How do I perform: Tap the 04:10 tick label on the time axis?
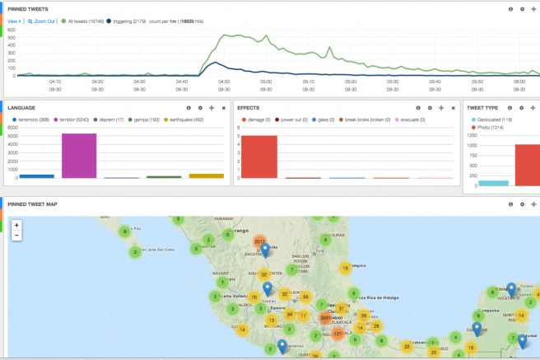tap(54, 81)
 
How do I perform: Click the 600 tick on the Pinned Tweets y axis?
tap(11, 28)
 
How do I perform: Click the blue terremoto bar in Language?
tap(36, 175)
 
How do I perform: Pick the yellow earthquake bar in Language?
tap(206, 175)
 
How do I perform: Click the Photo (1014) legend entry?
tap(491, 129)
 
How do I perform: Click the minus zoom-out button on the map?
tap(16, 235)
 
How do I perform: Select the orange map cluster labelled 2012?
tap(260, 241)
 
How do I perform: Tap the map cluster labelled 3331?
tap(327, 317)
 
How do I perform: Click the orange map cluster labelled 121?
tap(337, 334)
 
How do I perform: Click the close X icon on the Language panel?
tap(223, 108)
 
